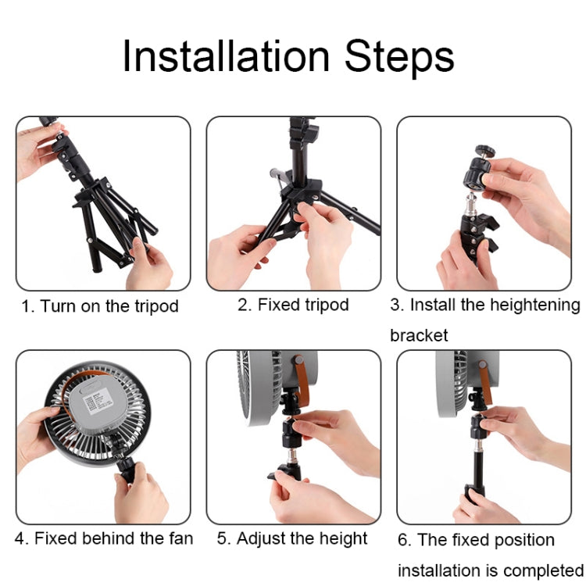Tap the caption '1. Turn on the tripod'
100,306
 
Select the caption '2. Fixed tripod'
293,305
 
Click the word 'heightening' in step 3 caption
535,305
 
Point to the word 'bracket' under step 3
420,335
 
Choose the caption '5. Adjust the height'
293,538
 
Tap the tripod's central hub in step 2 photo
302,192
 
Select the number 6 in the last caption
402,540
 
